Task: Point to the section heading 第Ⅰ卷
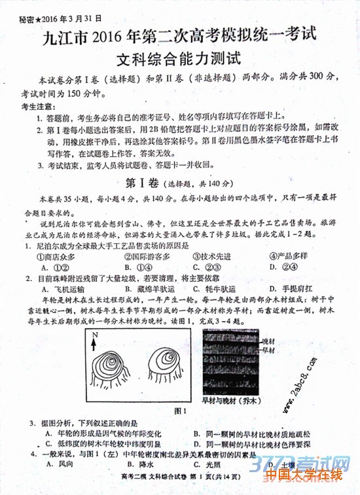(x=143, y=182)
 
